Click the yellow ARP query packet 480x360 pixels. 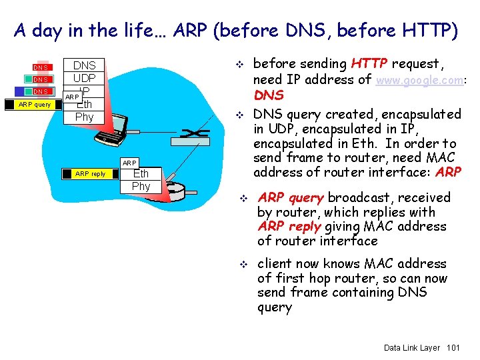[x=33, y=104]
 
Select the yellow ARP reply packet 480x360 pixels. [x=90, y=174]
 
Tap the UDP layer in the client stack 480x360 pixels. [x=84, y=79]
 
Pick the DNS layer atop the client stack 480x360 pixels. [x=84, y=65]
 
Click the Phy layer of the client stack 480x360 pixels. [x=84, y=117]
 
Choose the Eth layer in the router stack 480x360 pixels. [x=141, y=174]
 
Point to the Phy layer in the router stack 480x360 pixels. [x=141, y=186]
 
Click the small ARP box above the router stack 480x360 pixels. [x=129, y=163]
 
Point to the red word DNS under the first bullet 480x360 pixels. [x=269, y=95]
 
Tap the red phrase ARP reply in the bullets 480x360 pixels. [x=290, y=227]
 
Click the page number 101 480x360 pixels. [x=453, y=348]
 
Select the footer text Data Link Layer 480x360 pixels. [x=412, y=348]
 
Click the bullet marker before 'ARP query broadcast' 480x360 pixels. [x=243, y=199]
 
